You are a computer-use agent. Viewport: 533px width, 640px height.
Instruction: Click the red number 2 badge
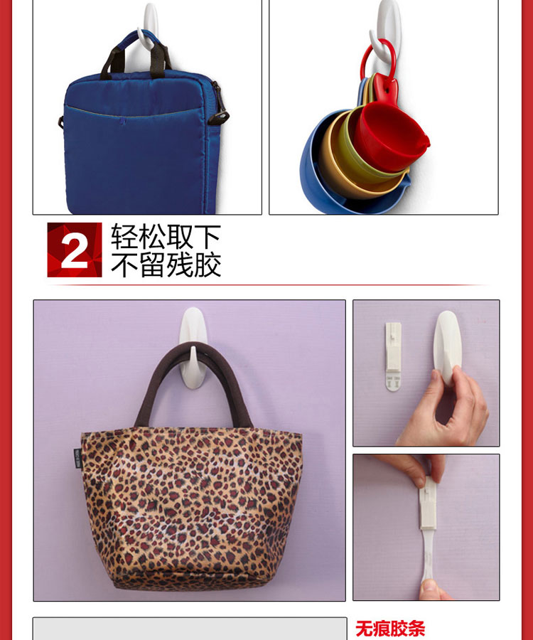click(x=75, y=250)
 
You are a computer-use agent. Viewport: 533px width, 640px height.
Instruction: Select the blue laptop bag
click(x=143, y=131)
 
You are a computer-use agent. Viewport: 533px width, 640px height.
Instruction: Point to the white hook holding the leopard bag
click(x=193, y=347)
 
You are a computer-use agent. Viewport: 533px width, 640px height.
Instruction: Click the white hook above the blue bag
click(x=149, y=26)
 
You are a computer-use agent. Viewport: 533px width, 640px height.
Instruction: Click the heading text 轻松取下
click(x=166, y=236)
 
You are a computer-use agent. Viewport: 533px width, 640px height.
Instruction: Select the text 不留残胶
click(x=166, y=265)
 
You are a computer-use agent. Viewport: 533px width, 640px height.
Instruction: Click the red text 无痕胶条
click(x=390, y=629)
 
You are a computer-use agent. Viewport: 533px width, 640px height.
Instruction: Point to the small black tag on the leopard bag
click(x=78, y=459)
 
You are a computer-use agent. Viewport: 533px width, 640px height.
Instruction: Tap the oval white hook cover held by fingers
click(x=447, y=347)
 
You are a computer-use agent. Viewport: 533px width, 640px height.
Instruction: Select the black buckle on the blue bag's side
click(x=219, y=105)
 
